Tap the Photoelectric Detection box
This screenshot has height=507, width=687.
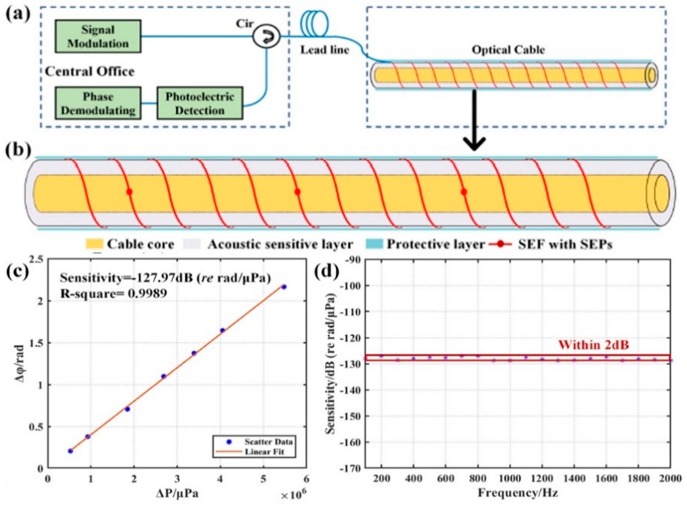pyautogui.click(x=200, y=104)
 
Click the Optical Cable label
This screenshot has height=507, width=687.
pyautogui.click(x=508, y=50)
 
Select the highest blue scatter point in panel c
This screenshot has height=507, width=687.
pyautogui.click(x=284, y=287)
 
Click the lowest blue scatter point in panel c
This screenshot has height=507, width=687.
pyautogui.click(x=70, y=451)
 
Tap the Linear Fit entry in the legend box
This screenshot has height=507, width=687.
pyautogui.click(x=264, y=451)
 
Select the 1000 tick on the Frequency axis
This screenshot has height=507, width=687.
pyautogui.click(x=509, y=479)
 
